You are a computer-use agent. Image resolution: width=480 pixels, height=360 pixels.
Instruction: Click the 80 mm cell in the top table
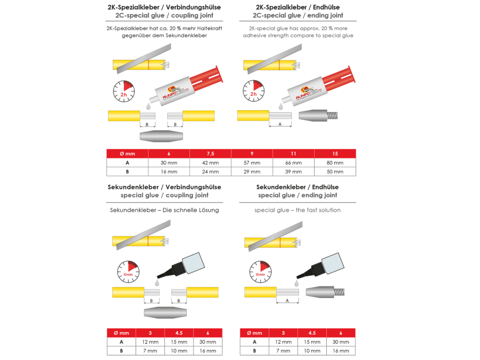(335, 163)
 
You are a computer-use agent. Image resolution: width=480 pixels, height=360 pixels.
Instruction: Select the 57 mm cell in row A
(252, 163)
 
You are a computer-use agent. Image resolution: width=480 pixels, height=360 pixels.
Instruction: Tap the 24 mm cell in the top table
(211, 172)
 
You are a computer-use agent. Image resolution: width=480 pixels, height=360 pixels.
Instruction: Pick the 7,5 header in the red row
(211, 153)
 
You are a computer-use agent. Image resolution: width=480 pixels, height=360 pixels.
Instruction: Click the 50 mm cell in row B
(335, 172)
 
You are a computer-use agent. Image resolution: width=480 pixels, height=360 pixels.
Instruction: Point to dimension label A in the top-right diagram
(280, 124)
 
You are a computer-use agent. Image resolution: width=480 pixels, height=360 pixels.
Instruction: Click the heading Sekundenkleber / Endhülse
(297, 187)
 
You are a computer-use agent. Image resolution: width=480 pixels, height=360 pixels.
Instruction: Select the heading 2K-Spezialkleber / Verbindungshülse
(164, 8)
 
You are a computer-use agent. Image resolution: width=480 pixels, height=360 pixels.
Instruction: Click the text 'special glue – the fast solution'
(297, 210)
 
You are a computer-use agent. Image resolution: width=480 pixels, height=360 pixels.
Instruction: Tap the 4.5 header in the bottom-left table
(179, 333)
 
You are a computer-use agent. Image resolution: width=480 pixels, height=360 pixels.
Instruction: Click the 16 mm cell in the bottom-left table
(208, 351)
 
